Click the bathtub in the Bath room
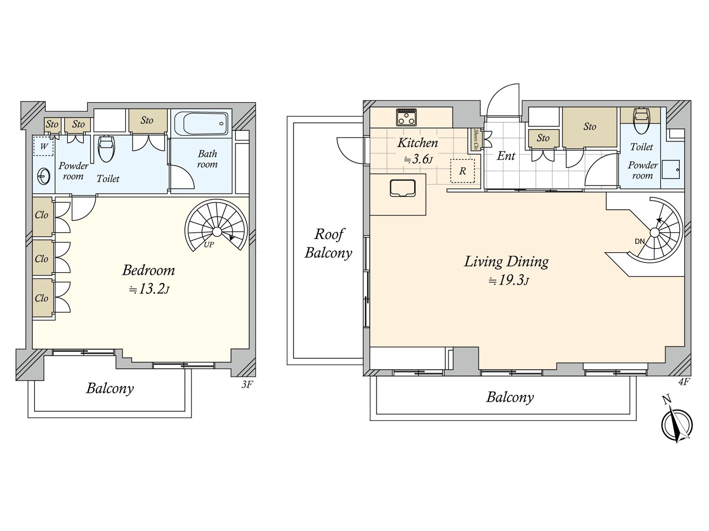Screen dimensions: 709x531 [201, 123]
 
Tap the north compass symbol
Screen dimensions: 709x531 [676, 423]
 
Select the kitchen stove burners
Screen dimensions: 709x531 [406, 117]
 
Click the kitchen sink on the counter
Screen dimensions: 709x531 [402, 188]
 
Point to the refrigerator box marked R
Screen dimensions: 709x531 [463, 171]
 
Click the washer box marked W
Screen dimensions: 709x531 [43, 146]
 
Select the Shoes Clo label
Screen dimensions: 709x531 [475, 139]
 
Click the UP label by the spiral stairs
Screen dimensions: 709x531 [209, 245]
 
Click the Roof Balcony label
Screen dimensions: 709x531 [328, 243]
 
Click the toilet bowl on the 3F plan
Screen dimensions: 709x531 [106, 149]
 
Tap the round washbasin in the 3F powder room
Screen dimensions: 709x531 [44, 177]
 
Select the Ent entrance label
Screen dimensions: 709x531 [506, 156]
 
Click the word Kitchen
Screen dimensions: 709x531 [417, 143]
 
